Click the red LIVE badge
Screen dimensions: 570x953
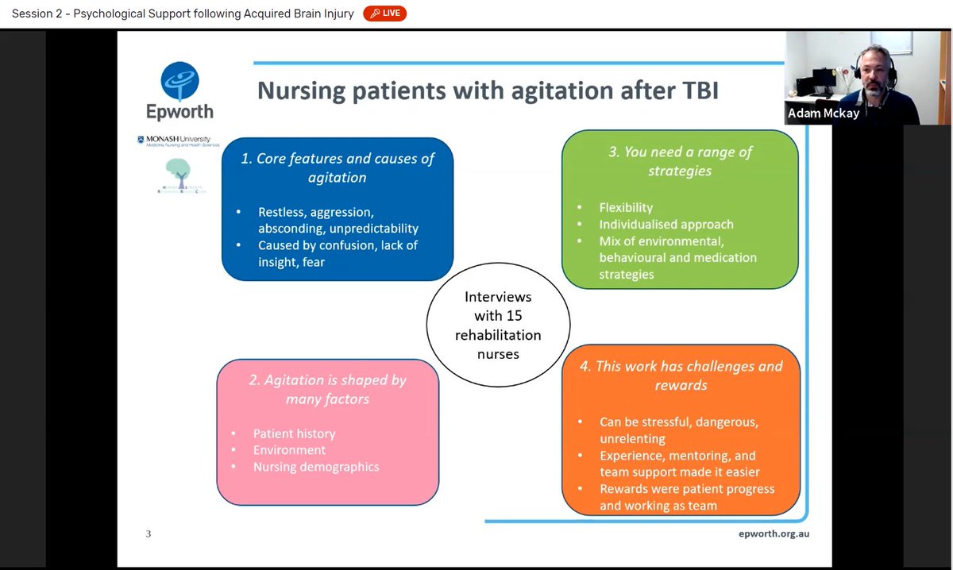coord(385,13)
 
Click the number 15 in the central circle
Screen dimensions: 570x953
coord(514,316)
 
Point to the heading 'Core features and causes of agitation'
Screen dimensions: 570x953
coord(338,168)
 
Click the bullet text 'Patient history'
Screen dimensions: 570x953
coord(294,433)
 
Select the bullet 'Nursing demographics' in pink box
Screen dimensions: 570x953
coord(315,467)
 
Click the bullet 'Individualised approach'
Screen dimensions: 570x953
coord(666,224)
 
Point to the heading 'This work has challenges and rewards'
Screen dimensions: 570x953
coord(681,375)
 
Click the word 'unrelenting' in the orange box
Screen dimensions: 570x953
coord(632,438)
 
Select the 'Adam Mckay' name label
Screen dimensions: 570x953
coord(823,114)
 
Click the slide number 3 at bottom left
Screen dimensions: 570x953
coord(148,533)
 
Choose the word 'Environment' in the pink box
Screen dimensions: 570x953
coord(289,450)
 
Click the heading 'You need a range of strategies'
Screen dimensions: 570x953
coord(680,160)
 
